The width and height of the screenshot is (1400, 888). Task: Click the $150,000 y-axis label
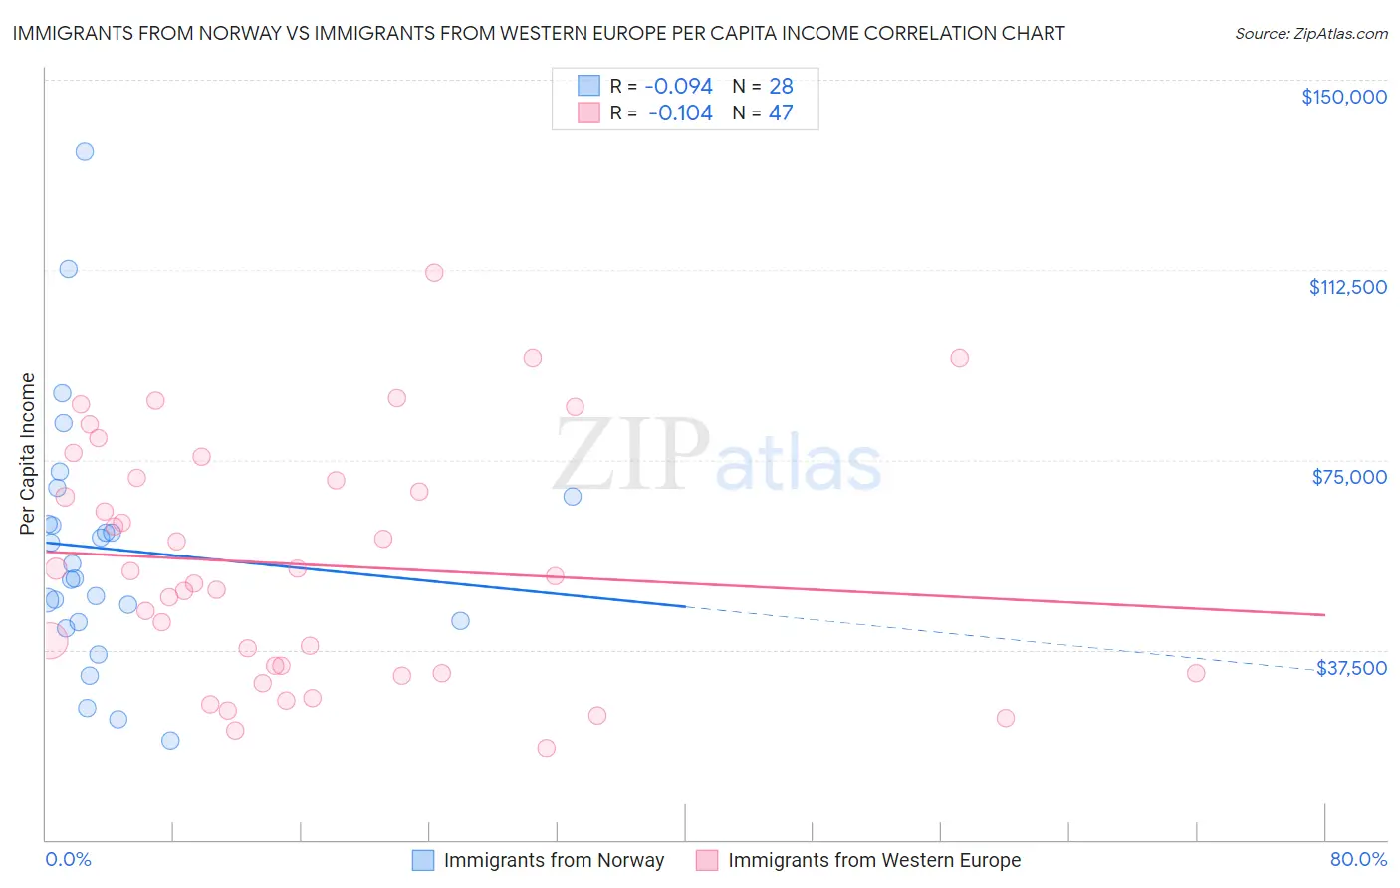tap(1343, 97)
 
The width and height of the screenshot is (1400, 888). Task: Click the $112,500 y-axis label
tap(1347, 287)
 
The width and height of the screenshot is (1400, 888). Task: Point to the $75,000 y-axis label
tap(1349, 477)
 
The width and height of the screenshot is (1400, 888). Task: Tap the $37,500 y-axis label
tap(1351, 668)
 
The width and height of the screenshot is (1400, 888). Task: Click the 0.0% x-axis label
tap(68, 859)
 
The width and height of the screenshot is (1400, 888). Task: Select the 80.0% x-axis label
tap(1358, 859)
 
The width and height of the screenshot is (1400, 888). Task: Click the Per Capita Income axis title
tap(28, 453)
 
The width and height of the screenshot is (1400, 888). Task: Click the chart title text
tap(539, 33)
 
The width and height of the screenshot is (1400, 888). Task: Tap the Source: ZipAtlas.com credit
tap(1310, 34)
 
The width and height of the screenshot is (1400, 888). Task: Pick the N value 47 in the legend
tap(781, 113)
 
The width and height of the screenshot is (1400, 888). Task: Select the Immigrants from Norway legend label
tap(554, 860)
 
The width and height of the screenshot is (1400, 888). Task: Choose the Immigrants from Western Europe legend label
tap(873, 860)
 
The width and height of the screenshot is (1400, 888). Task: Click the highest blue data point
tap(85, 152)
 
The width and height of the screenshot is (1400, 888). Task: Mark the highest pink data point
tap(434, 273)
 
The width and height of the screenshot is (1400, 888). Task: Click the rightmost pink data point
tap(1196, 673)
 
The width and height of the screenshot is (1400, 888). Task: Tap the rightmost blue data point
tap(573, 496)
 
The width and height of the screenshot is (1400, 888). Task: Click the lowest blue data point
tap(170, 741)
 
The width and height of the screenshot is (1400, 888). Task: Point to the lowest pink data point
tap(546, 748)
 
